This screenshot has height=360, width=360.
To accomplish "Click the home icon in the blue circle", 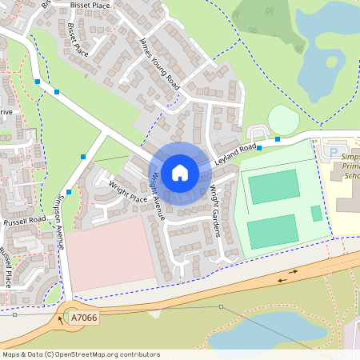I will [180, 171].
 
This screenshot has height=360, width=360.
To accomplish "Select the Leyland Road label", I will [236, 155].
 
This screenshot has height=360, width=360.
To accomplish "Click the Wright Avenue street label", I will [158, 195].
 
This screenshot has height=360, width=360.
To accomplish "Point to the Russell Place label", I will [6, 267].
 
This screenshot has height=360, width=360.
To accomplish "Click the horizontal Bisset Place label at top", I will [90, 4].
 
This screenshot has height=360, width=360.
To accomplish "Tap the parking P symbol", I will [333, 151].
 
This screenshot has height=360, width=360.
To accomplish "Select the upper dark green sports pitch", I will [274, 186].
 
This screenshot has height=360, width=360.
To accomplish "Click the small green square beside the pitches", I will [317, 214].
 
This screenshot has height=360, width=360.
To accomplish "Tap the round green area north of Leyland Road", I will [282, 120].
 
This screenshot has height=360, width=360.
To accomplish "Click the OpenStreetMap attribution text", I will [81, 354].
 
